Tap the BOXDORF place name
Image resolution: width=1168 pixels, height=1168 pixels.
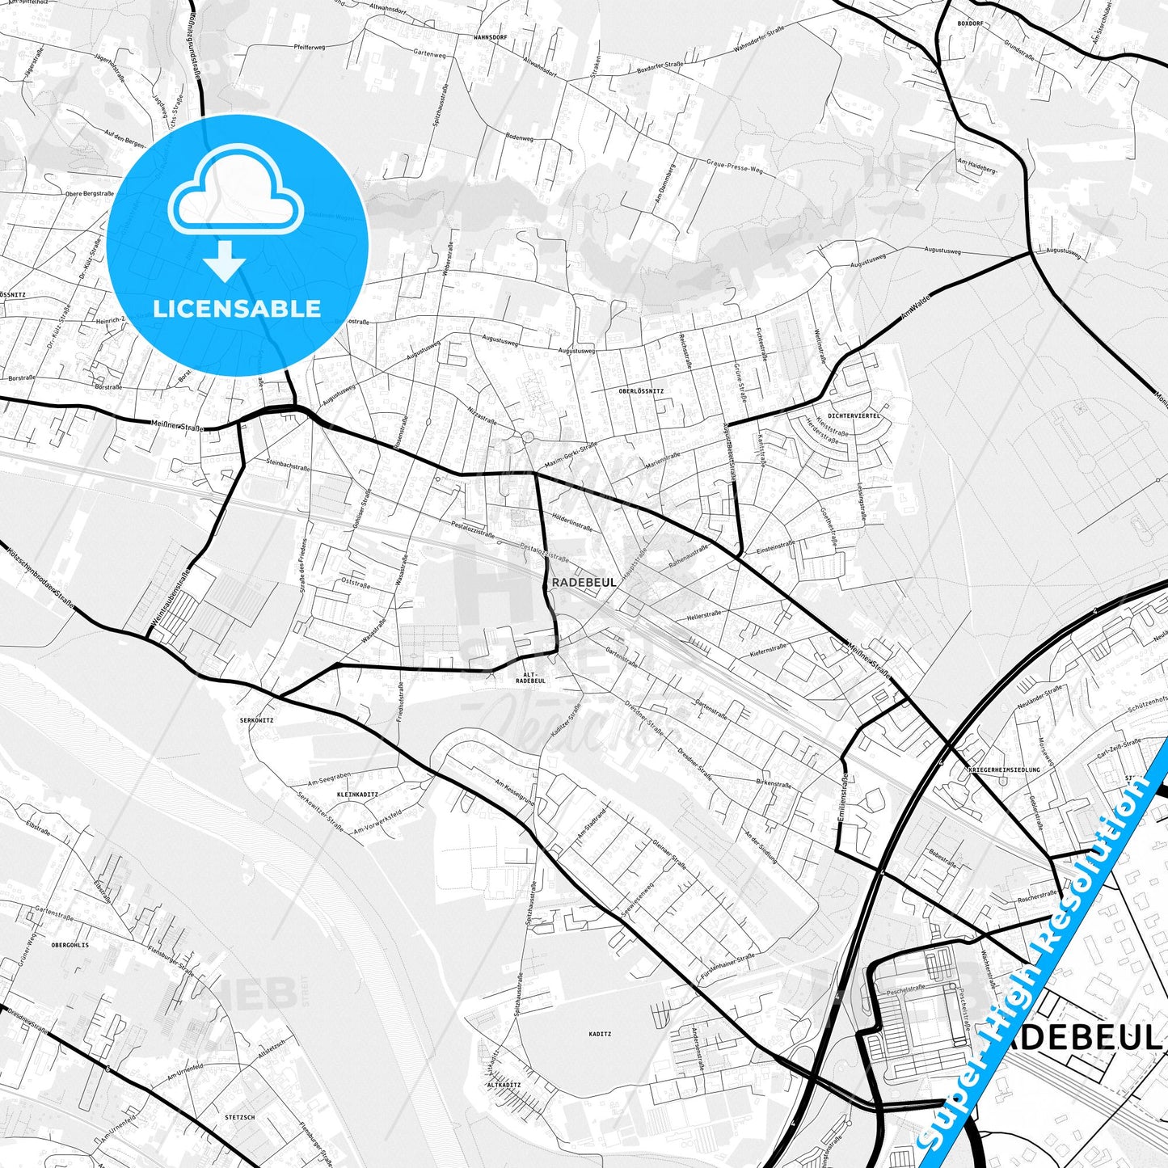tap(970, 23)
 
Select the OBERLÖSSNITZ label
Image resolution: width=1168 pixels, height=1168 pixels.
tap(641, 390)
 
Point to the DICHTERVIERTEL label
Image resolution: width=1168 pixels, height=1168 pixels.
tap(854, 415)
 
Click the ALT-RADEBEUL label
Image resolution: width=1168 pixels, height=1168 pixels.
tap(530, 677)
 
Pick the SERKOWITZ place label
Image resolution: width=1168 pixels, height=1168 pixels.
tap(256, 719)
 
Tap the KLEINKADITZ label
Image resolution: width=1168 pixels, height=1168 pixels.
tap(356, 795)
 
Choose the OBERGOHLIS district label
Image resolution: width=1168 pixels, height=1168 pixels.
tap(70, 944)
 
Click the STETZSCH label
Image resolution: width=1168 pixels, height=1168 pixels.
tap(240, 1117)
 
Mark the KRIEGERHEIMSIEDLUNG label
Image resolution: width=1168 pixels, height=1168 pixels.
tap(1003, 770)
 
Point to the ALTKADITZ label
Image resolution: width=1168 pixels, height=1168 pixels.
tap(504, 1085)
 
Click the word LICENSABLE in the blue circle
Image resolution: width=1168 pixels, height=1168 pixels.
tap(237, 308)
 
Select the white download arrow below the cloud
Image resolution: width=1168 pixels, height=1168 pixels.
tap(225, 260)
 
